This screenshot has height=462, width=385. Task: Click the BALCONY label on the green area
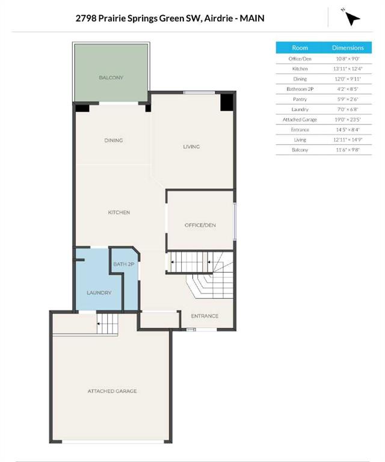(x=111, y=78)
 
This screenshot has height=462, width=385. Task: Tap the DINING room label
(x=114, y=141)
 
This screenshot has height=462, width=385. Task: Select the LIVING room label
(x=191, y=147)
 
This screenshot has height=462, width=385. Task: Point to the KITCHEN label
(x=119, y=212)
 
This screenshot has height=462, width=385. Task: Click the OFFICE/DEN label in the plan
(x=200, y=225)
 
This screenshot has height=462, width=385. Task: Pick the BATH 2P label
(x=124, y=264)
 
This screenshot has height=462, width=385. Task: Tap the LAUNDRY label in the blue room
(x=99, y=293)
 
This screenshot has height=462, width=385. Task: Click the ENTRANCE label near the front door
(x=205, y=316)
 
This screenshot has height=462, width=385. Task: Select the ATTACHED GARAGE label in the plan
(x=112, y=391)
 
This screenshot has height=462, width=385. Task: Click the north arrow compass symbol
(x=352, y=18)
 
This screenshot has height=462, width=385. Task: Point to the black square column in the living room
(x=227, y=102)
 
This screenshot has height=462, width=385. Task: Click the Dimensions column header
(x=348, y=48)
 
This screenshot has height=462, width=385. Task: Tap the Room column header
(x=300, y=48)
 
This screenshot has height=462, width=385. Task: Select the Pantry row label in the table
(x=300, y=99)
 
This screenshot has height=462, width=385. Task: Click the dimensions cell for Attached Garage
(x=348, y=120)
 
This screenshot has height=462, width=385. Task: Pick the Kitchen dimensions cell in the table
(x=348, y=69)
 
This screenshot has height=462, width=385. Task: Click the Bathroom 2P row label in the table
(x=300, y=89)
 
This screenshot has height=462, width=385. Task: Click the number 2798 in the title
(x=85, y=18)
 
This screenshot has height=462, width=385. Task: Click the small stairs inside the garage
(x=107, y=324)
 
